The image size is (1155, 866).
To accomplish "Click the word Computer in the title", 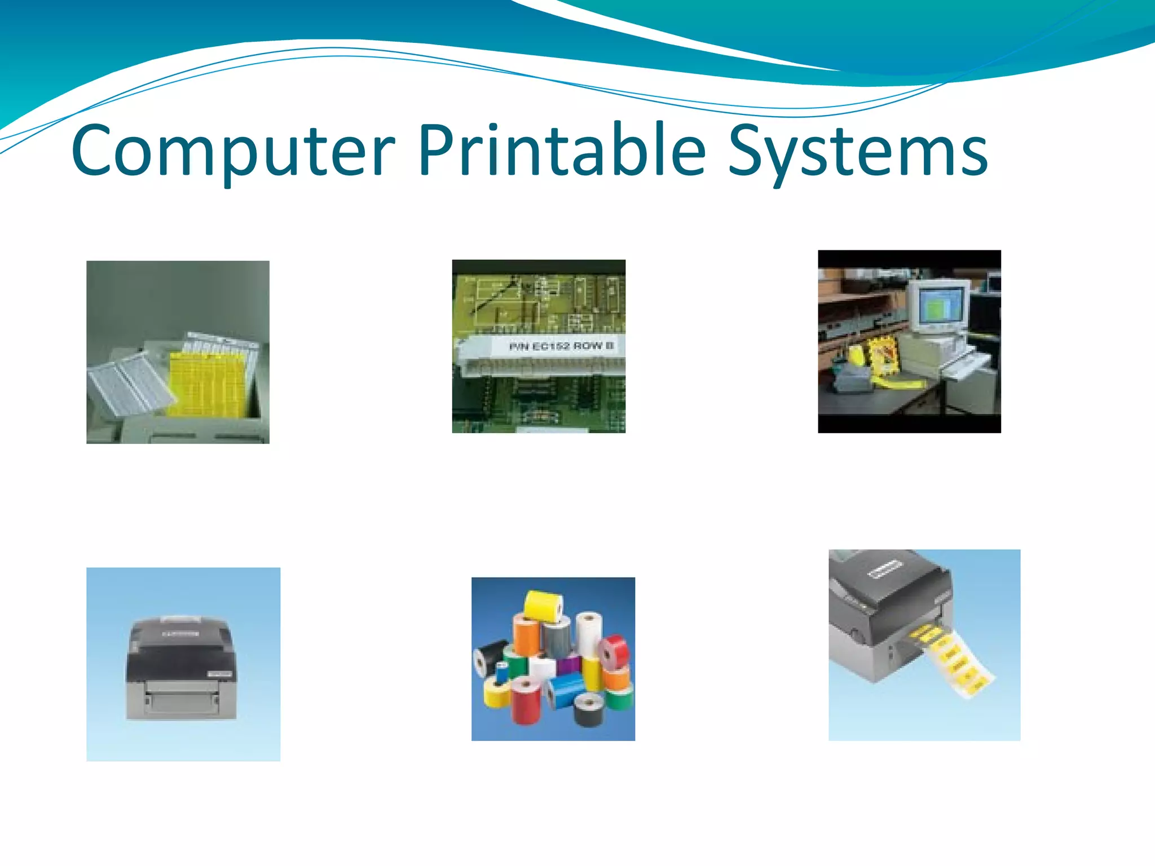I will [x=232, y=151].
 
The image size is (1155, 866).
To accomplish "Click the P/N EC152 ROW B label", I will [x=561, y=346].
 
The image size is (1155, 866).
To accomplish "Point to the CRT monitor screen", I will [x=940, y=309].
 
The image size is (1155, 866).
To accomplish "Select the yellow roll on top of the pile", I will [x=544, y=606].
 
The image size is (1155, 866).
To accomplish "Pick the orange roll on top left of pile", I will [x=526, y=634].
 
